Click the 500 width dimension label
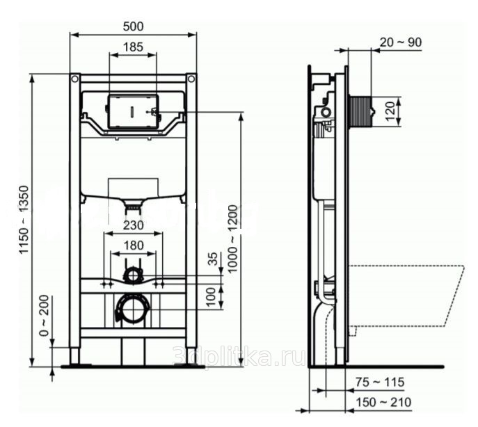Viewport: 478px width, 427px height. [133, 26]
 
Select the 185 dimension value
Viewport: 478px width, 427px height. [133, 47]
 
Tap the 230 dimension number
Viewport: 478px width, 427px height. [133, 225]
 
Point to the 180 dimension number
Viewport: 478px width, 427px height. [133, 245]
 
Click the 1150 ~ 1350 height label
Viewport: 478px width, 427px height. [24, 220]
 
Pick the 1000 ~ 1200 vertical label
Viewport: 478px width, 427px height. [232, 239]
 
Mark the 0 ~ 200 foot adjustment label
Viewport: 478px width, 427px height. [45, 316]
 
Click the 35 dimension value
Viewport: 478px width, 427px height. [214, 259]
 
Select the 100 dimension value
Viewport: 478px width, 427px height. [211, 296]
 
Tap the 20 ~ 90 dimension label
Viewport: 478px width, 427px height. [401, 42]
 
